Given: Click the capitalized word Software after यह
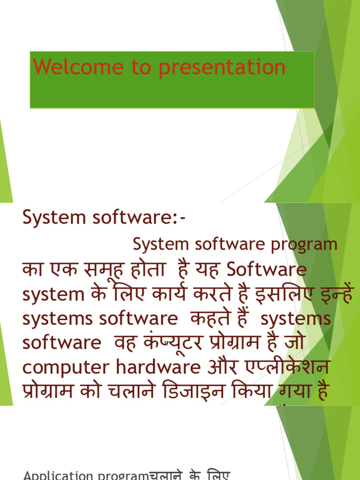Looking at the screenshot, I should click(x=267, y=270).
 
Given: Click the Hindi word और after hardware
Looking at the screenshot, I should click(x=222, y=367).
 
